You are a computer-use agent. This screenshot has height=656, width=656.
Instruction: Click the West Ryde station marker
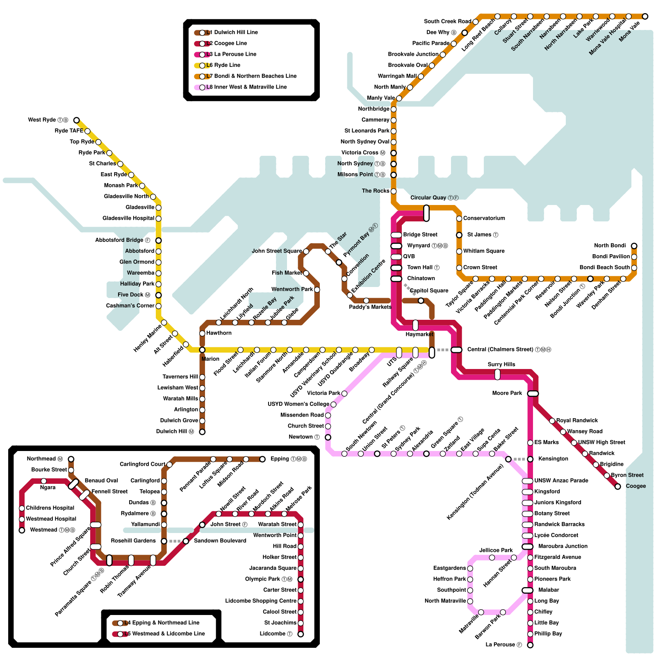coord(76,120)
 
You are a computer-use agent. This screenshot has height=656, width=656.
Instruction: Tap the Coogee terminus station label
coord(635,486)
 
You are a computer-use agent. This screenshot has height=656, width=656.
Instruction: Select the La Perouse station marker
coord(530,645)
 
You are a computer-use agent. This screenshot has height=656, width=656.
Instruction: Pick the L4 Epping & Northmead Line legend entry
coord(162,623)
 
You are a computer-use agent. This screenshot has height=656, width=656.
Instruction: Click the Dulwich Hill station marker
coord(202,432)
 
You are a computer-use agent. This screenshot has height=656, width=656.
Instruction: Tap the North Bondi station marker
coord(634,246)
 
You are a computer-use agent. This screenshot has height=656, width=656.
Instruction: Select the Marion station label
coord(210,359)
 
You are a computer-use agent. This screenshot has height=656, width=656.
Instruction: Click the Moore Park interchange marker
coord(533,394)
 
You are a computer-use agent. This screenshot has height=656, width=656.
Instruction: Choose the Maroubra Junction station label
coord(563,546)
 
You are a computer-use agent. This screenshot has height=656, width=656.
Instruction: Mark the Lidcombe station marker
coord(301,634)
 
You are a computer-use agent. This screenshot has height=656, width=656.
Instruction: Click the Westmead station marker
coord(22,530)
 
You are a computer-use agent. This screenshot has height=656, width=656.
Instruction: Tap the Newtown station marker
coord(328,437)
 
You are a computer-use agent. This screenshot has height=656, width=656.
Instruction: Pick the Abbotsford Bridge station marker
coord(159,241)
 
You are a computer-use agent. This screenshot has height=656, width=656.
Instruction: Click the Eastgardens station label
coord(449,568)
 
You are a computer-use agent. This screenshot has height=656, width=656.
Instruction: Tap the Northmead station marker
coord(71,459)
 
